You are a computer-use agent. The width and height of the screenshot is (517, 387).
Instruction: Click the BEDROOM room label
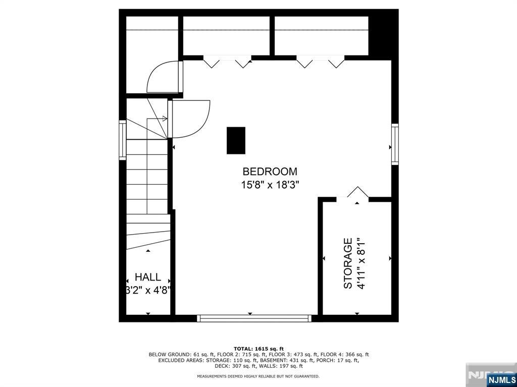[x=270, y=171]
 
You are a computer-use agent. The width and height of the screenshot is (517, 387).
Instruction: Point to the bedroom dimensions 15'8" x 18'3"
[x=270, y=185]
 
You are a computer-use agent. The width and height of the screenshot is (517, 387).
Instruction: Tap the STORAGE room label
[x=348, y=263]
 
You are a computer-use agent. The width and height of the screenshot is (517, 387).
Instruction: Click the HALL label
[x=148, y=277]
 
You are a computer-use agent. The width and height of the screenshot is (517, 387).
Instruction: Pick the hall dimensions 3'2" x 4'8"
[x=148, y=290]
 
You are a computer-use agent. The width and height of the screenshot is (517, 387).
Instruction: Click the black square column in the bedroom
[x=236, y=140]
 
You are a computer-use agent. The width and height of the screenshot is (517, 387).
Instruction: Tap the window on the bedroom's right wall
[x=395, y=144]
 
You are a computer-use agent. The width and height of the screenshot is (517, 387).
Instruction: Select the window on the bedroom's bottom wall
[x=253, y=318]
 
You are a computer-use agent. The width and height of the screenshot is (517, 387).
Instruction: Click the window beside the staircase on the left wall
[x=122, y=140]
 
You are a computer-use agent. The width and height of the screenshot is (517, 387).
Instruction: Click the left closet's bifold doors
[x=227, y=63]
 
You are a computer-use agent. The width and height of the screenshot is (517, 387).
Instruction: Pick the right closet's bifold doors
[x=320, y=63]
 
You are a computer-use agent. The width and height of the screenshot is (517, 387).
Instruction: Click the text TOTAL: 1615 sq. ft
[x=258, y=349]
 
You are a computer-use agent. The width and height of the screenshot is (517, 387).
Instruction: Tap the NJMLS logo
[x=501, y=379]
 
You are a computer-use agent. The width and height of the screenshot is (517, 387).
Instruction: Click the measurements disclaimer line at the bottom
[x=258, y=376]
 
